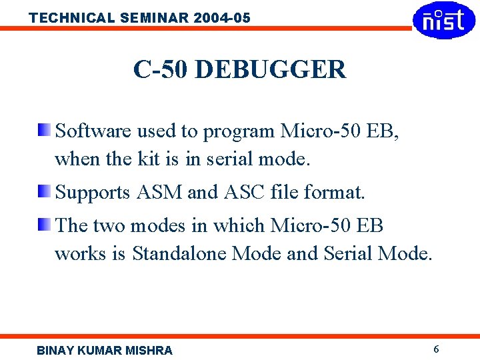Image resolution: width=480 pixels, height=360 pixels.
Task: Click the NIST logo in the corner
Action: click(444, 20)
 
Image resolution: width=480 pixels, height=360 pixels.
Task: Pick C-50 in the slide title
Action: click(161, 69)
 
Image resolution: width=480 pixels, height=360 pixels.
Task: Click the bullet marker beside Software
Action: click(43, 129)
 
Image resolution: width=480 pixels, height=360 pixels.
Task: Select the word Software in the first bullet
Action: click(93, 131)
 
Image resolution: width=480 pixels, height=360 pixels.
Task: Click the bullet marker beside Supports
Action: click(43, 191)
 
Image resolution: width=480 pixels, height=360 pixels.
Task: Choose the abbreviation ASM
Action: click(159, 193)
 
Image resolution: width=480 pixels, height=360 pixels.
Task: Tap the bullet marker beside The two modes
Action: click(43, 224)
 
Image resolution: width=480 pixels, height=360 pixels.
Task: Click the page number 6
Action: click(436, 349)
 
